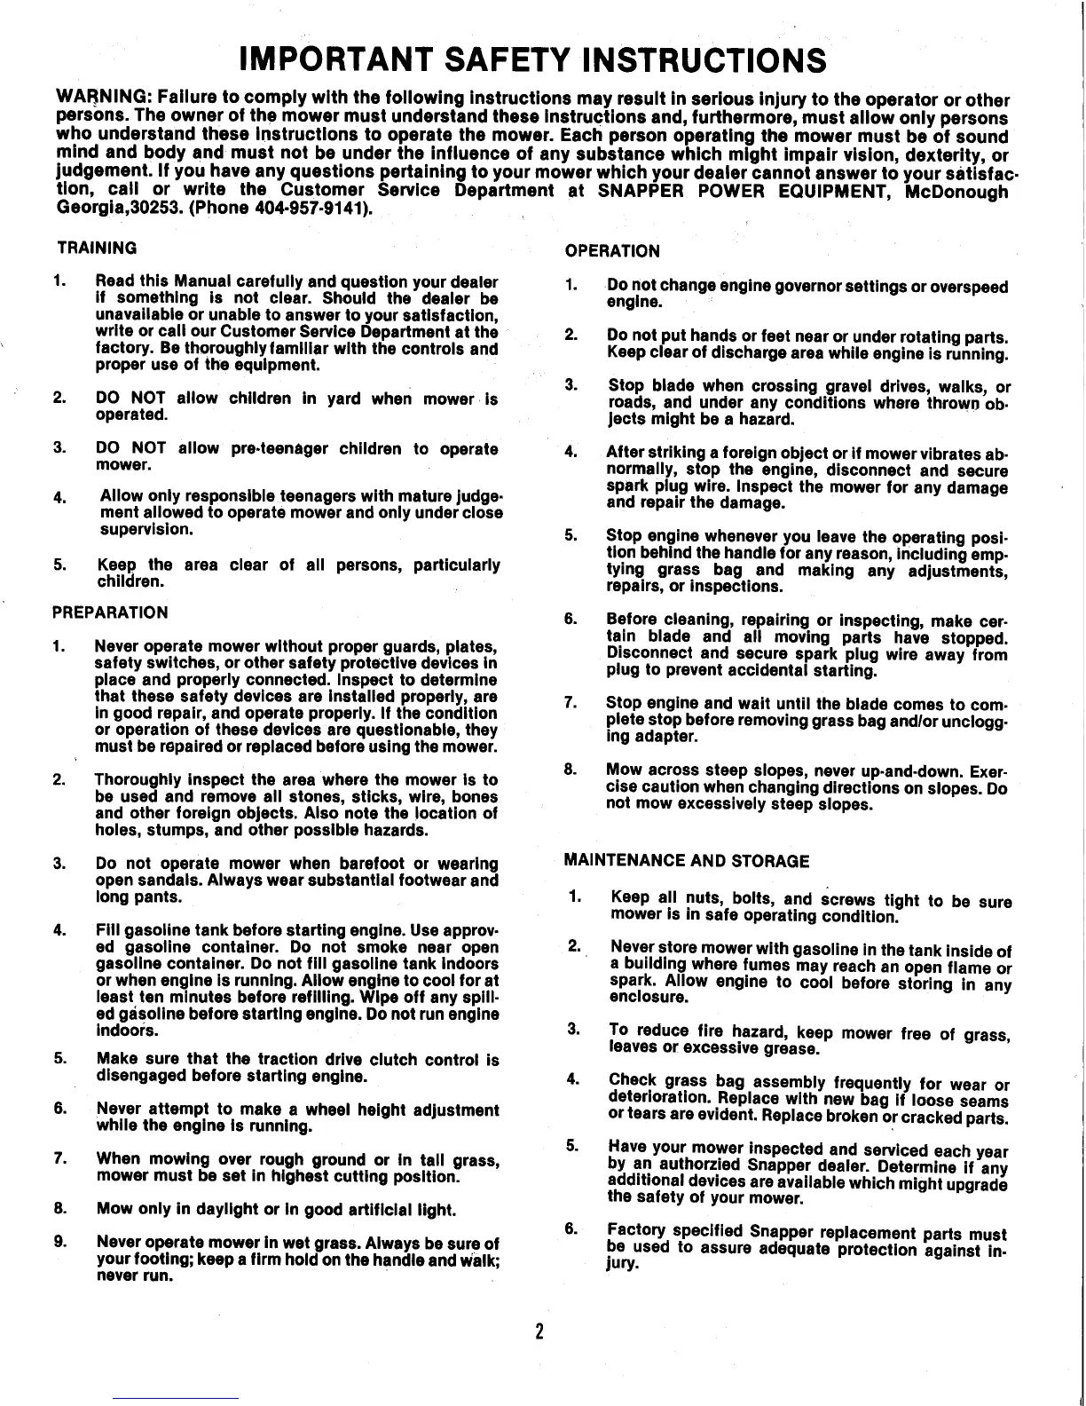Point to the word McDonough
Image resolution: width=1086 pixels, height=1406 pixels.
point(955,192)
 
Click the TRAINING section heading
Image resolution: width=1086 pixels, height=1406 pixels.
point(98,247)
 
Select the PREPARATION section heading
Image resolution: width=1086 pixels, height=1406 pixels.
point(111,612)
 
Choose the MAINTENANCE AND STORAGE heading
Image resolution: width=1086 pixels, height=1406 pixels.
point(687,861)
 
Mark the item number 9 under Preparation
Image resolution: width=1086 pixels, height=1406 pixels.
point(59,1244)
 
